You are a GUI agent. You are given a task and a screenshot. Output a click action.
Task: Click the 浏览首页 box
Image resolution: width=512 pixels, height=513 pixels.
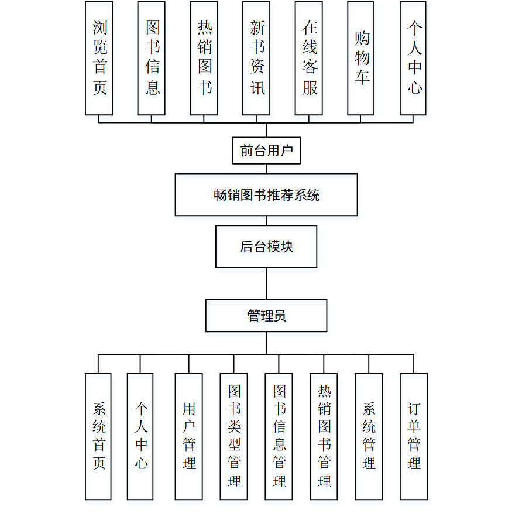click(99, 58)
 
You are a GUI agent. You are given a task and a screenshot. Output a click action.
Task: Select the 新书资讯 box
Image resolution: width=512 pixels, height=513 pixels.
click(256, 58)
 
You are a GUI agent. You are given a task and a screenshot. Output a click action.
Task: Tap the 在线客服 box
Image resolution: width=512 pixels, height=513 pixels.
click(309, 58)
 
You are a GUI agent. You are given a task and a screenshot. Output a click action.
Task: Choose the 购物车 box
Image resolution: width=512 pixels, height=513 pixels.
click(361, 58)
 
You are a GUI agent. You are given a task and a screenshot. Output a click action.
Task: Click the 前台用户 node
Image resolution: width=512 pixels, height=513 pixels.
click(266, 151)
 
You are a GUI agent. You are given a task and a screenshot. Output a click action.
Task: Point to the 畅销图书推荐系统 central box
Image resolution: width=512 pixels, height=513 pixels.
click(266, 194)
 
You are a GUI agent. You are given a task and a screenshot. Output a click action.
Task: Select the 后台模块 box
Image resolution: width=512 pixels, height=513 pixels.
click(266, 247)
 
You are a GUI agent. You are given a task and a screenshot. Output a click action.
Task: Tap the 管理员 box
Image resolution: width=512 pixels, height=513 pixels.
click(266, 316)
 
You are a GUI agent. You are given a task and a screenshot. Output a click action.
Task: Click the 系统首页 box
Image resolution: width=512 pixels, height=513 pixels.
click(98, 436)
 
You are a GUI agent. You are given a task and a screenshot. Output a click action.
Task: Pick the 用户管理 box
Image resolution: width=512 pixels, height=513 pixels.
click(188, 436)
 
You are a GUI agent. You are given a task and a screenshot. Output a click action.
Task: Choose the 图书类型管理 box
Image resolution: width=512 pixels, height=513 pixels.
click(233, 436)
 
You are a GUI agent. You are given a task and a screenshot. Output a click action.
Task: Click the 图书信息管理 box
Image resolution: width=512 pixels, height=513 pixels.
click(279, 436)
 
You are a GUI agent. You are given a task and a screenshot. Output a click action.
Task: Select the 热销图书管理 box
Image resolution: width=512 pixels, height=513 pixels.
click(324, 436)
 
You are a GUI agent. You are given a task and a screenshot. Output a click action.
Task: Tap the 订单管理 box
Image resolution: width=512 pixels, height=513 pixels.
click(414, 436)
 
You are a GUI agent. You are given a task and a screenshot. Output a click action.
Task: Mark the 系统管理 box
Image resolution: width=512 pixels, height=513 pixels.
click(369, 436)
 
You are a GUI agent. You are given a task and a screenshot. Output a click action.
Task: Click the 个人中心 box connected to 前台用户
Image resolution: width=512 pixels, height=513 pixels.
click(413, 58)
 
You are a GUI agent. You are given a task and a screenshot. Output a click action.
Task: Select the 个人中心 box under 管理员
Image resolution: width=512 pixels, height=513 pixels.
click(140, 436)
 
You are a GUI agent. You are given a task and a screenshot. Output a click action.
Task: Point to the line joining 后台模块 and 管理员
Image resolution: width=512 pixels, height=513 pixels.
click(266, 284)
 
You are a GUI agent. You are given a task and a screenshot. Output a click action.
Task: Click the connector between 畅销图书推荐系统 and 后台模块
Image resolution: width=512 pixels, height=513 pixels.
click(266, 221)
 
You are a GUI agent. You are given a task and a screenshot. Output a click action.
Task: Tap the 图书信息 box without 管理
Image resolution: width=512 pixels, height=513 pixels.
click(152, 58)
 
